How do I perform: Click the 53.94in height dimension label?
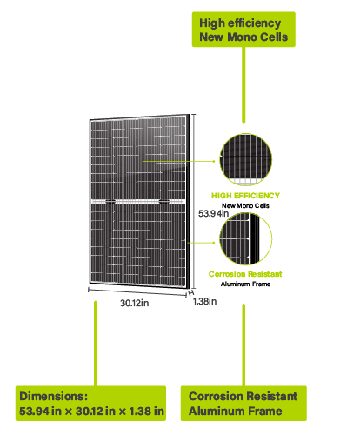coord(213,213)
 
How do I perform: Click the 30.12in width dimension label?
coord(135,303)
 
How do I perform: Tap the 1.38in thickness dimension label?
coord(204,301)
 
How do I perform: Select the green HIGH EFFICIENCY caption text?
coord(245,196)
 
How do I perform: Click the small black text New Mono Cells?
coord(245,205)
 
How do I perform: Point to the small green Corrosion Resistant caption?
coord(245,274)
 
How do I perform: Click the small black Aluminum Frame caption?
coord(245,284)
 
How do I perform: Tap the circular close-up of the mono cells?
coord(246,159)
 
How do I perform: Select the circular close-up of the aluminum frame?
coord(246,238)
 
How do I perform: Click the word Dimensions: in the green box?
coord(54,396)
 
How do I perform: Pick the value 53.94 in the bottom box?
coord(34,411)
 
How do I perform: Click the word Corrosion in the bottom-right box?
coord(216,396)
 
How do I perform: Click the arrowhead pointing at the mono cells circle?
coord(214,161)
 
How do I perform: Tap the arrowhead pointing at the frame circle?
coord(214,243)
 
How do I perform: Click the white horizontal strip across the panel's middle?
coord(138,201)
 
